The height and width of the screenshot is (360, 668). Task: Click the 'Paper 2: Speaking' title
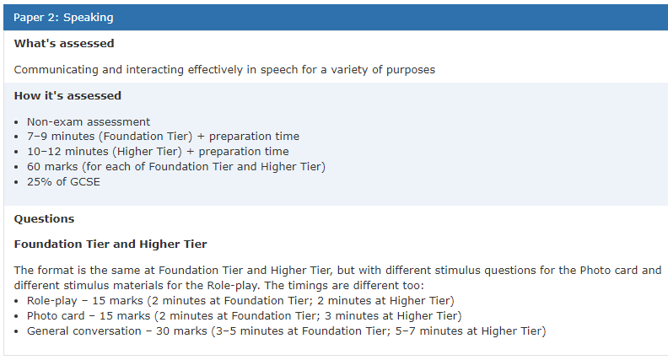(63, 18)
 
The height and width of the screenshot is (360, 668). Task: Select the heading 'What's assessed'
(64, 44)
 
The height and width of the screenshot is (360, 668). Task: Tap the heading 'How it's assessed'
(67, 95)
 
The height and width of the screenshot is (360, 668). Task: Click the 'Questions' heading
(45, 219)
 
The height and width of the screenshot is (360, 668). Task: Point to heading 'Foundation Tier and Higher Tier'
(110, 244)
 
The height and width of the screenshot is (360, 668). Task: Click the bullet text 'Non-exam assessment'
(89, 122)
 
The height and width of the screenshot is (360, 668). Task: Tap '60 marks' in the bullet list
(52, 167)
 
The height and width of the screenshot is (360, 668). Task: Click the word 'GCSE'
(85, 182)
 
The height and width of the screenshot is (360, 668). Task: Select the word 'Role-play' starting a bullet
(52, 301)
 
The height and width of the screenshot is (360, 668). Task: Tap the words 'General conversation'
(84, 331)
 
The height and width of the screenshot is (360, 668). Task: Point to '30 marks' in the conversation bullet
(181, 331)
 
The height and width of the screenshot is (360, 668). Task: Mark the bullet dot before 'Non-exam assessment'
(16, 123)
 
